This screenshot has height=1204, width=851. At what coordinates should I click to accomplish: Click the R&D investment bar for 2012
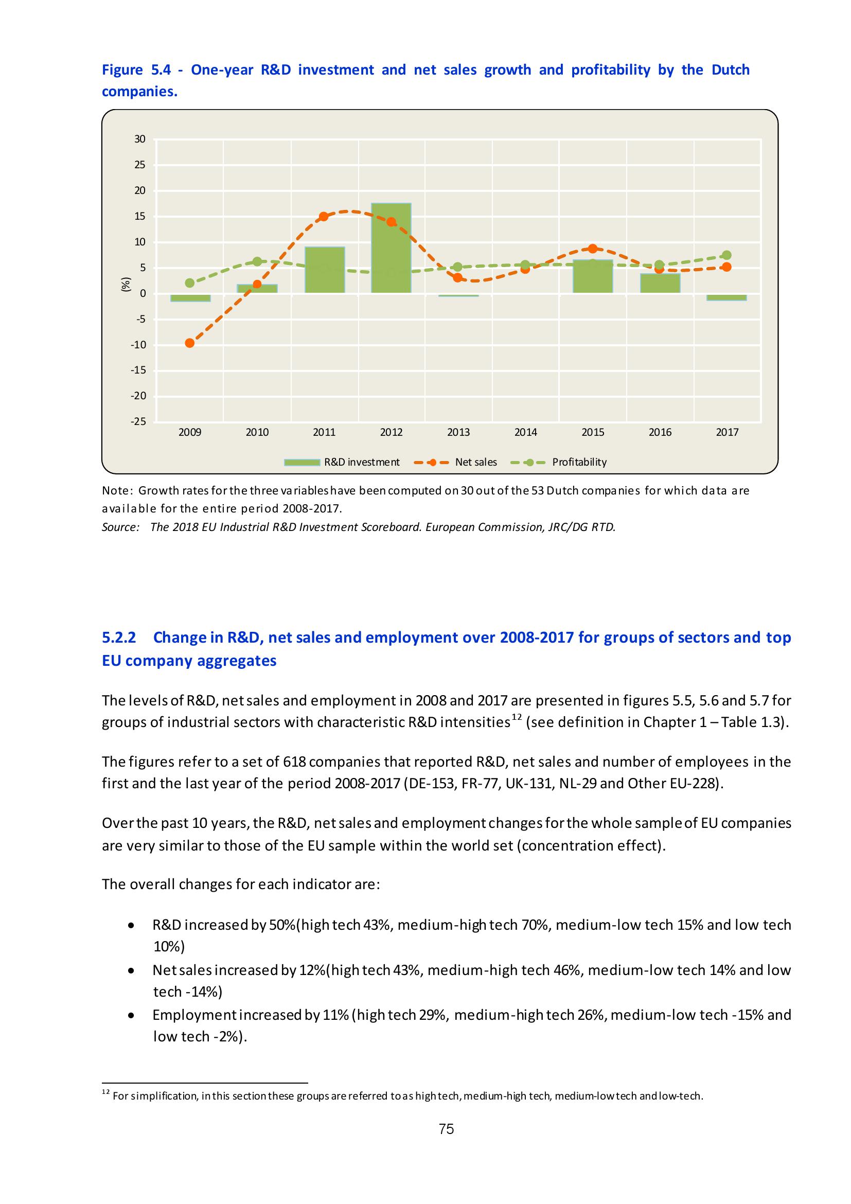[x=391, y=247]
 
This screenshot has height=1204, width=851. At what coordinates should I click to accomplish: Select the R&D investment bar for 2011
[x=324, y=270]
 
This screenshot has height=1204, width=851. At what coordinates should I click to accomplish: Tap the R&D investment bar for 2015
[x=593, y=276]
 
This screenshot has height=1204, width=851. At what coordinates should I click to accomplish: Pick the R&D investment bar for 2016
[x=660, y=283]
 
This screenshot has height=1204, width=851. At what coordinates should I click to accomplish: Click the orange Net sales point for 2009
[x=190, y=343]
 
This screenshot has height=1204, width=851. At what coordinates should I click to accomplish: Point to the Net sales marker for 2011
[x=324, y=217]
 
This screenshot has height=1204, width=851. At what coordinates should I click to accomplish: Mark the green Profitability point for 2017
[x=726, y=255]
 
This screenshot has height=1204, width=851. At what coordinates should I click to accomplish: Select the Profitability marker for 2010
[x=257, y=262]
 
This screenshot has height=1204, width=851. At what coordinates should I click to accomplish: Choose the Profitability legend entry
[x=579, y=462]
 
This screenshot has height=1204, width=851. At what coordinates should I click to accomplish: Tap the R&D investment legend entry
[x=361, y=462]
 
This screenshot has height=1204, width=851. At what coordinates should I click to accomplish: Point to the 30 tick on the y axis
[x=140, y=139]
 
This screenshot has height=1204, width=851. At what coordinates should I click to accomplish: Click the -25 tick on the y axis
[x=139, y=421]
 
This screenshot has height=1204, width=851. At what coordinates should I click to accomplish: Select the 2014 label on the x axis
[x=525, y=432]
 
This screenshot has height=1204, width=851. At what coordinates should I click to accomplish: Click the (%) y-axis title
[x=126, y=284]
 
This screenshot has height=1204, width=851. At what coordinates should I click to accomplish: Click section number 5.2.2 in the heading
[x=119, y=638]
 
